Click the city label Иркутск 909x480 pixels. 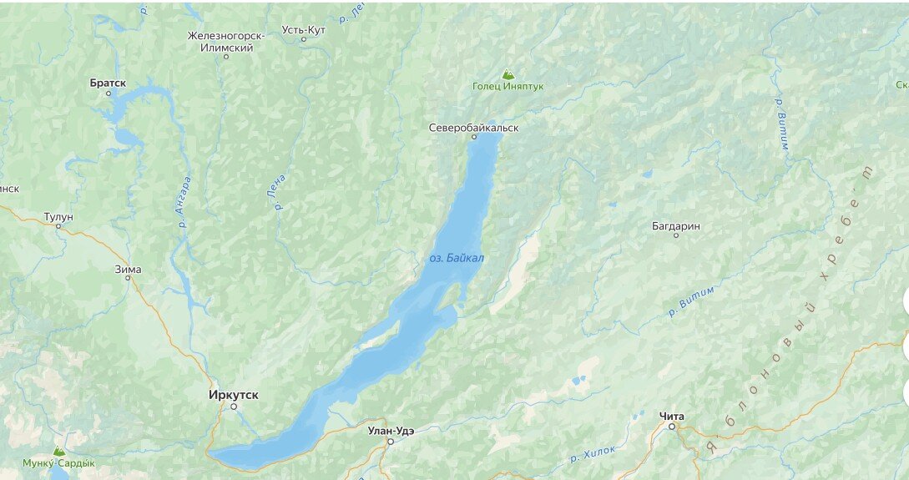[x=233, y=394]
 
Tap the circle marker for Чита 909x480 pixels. [x=672, y=427]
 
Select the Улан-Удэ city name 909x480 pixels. [x=391, y=431]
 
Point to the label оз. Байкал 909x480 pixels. [x=457, y=258]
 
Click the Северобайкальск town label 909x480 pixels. [x=473, y=128]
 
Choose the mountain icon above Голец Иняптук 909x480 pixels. [x=508, y=74]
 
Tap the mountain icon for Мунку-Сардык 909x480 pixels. [x=58, y=451]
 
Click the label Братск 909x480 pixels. [x=108, y=83]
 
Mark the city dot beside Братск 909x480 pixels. [x=108, y=93]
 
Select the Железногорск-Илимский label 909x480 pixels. [x=226, y=42]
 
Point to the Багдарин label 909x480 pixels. [x=675, y=226]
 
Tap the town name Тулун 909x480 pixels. [x=58, y=216]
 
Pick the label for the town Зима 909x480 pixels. [x=128, y=269]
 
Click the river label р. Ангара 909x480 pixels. [x=184, y=202]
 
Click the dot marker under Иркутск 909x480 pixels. [x=234, y=407]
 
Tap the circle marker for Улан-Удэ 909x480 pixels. [x=390, y=442]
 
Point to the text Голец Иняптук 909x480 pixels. [x=508, y=86]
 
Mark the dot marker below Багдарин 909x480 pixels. [x=676, y=235]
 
